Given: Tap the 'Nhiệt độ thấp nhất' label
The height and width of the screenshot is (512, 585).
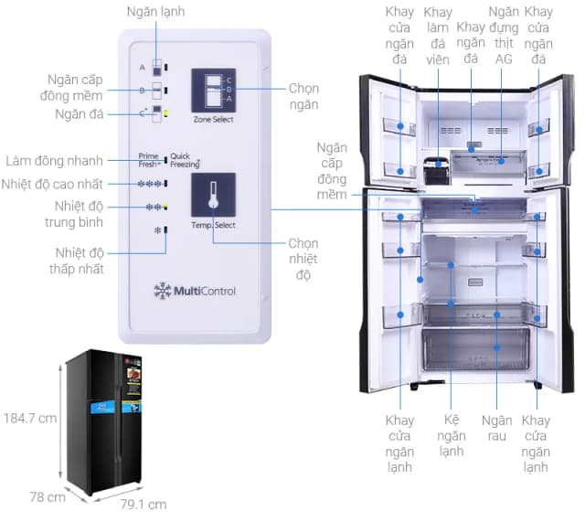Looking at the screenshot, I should click(79, 261).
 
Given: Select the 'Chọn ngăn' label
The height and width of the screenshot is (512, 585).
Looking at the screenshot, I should click(303, 97).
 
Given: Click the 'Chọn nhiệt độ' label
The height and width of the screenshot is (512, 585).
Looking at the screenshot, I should click(303, 259).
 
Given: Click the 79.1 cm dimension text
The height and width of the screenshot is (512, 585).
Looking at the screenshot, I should click(144, 503).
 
